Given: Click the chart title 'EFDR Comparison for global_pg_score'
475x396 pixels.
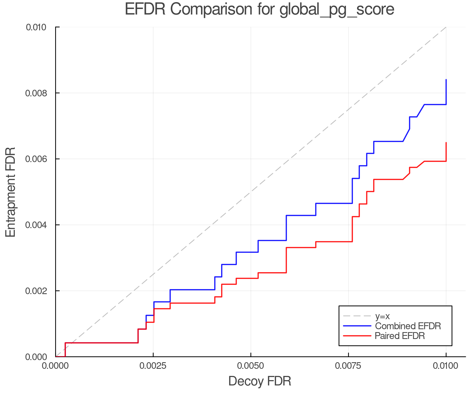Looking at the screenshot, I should [x=259, y=9].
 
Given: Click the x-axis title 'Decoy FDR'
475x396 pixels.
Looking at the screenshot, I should [x=259, y=381].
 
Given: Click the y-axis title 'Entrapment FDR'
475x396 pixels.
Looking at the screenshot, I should [x=11, y=192].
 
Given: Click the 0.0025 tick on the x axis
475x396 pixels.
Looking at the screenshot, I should [x=153, y=366].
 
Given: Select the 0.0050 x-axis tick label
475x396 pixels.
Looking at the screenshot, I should [x=250, y=366].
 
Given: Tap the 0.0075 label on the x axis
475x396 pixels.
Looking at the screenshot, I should [x=348, y=366].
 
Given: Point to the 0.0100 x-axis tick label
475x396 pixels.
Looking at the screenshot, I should [x=446, y=366].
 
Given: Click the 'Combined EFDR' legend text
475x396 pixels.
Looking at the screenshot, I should [x=408, y=326].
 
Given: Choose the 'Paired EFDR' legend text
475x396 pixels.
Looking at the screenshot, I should [x=400, y=336].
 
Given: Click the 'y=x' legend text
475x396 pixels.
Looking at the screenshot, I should [x=382, y=316].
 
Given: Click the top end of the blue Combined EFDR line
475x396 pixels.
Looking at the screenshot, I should [x=446, y=80].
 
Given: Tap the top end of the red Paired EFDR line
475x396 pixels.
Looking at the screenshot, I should [x=446, y=143].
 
